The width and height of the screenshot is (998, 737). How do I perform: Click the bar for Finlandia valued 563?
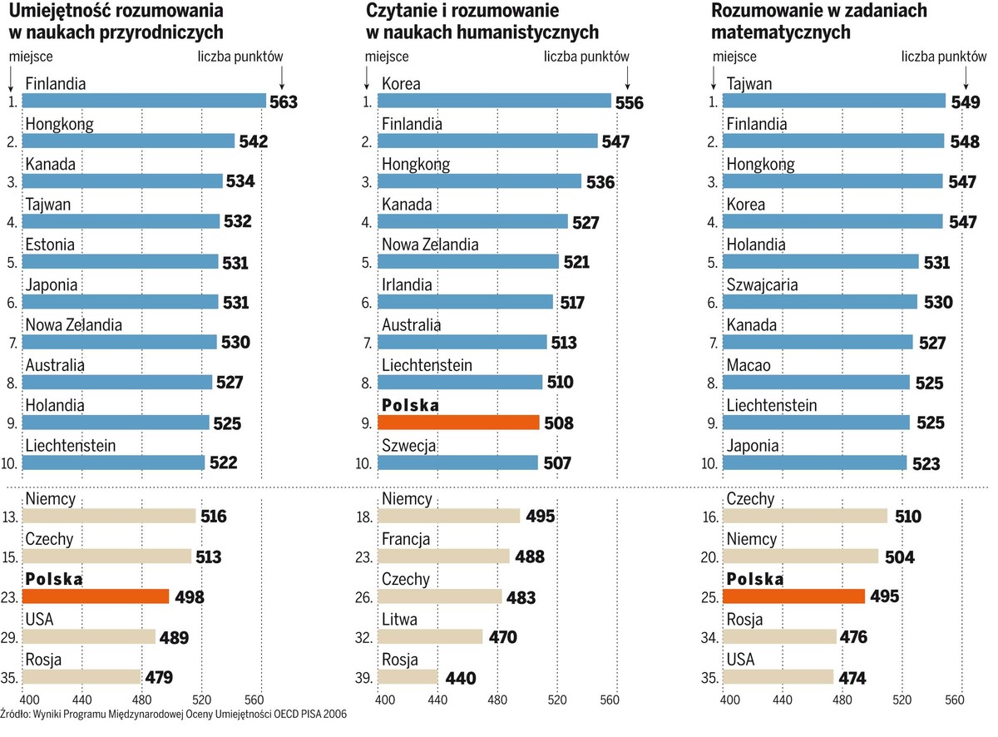(143, 101)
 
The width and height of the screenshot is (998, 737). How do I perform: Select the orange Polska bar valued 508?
(458, 423)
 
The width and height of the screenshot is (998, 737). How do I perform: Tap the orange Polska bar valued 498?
(96, 596)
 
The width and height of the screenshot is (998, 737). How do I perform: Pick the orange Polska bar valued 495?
(793, 596)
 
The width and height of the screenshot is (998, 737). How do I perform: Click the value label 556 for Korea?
(630, 102)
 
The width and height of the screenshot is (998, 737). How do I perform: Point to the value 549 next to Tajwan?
(965, 102)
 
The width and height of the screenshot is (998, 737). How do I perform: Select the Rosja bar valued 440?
(408, 677)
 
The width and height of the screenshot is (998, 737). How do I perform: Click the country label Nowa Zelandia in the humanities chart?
(430, 245)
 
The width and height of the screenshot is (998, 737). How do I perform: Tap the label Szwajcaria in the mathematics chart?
(763, 285)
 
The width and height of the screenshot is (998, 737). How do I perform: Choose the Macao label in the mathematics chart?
(748, 365)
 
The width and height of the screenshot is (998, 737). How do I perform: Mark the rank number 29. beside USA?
(11, 637)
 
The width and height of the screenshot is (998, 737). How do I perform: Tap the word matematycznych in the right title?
(781, 32)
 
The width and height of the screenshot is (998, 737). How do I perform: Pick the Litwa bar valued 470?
(430, 636)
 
